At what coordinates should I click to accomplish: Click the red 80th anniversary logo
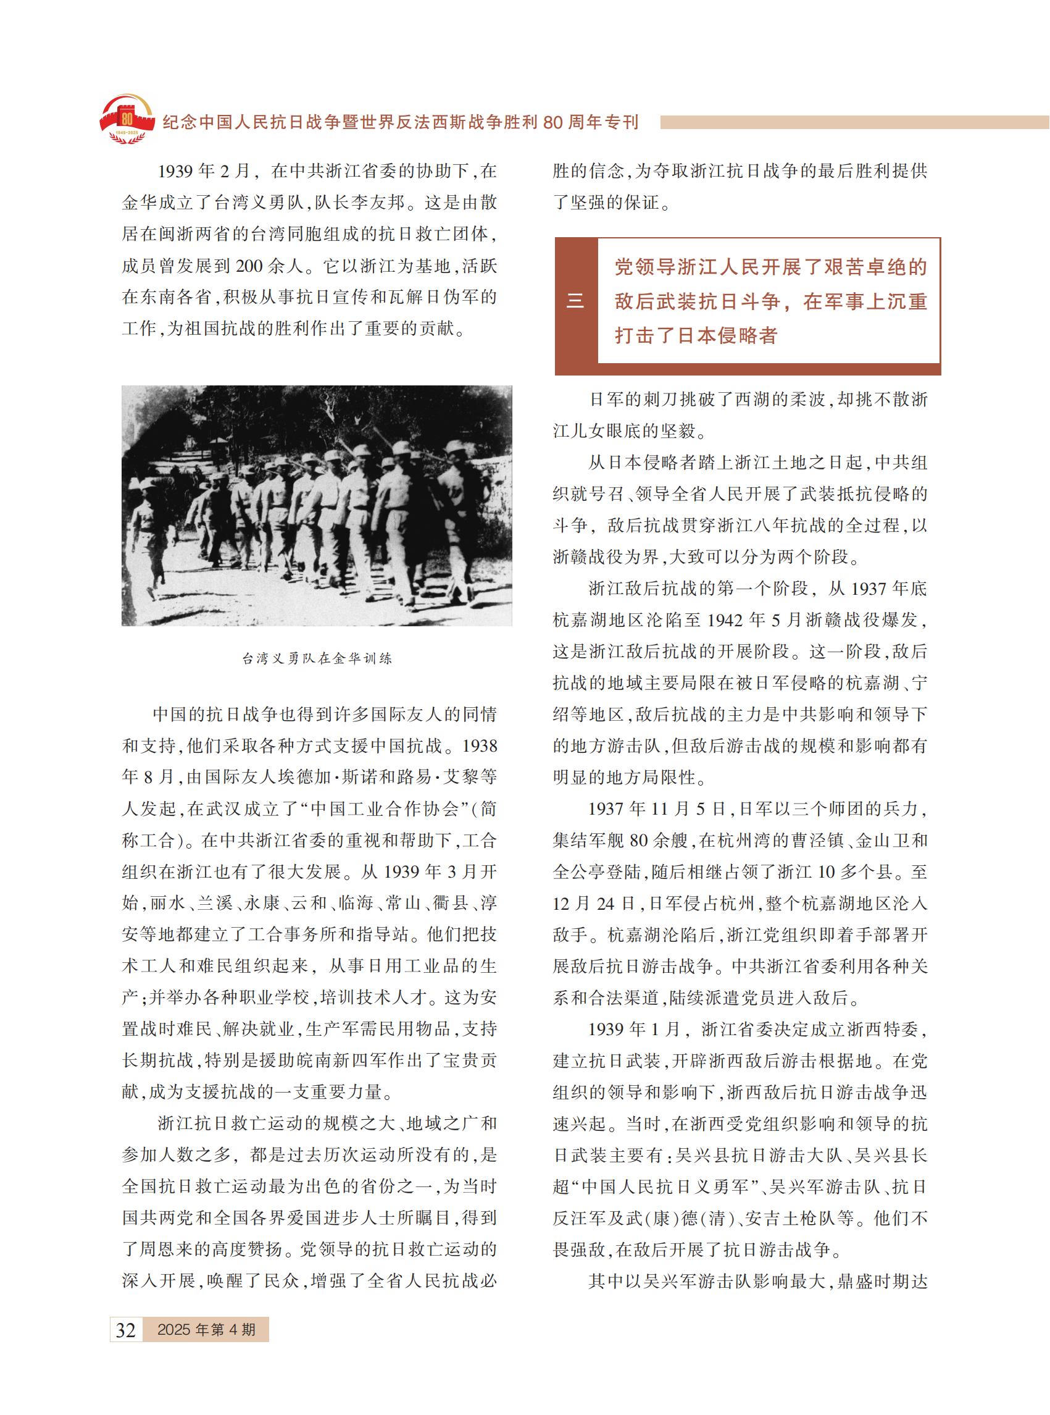pyautogui.click(x=127, y=120)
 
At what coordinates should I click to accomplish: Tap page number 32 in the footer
pyautogui.click(x=126, y=1329)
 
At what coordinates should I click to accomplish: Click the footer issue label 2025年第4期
pyautogui.click(x=206, y=1329)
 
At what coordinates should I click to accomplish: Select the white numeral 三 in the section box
pyautogui.click(x=575, y=301)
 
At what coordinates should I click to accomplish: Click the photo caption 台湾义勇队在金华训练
pyautogui.click(x=317, y=658)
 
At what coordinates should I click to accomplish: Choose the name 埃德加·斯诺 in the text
pyautogui.click(x=353, y=777)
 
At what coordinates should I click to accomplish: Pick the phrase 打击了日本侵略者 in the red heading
pyautogui.click(x=696, y=335)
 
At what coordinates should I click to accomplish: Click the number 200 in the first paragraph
pyautogui.click(x=249, y=266)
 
